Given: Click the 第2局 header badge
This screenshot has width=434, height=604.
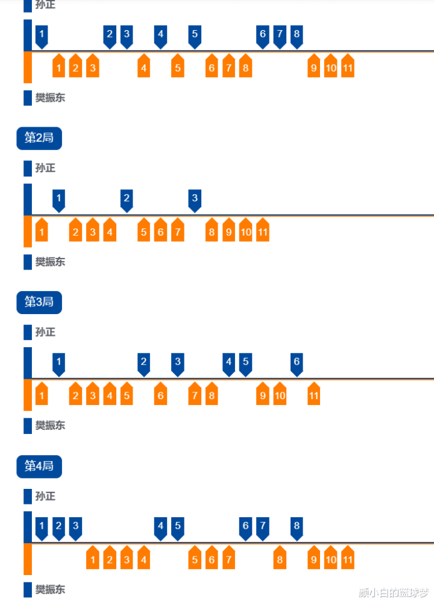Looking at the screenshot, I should coord(39,138).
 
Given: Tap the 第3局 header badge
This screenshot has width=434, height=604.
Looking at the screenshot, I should coord(39,302).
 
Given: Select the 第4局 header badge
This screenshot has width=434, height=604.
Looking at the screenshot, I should coord(39,466).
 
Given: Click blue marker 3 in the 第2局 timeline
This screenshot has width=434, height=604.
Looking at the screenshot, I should coord(194,198).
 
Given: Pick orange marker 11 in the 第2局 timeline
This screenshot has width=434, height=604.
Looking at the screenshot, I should coord(262,231).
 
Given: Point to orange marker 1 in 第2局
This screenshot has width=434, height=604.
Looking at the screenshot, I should coord(42,231).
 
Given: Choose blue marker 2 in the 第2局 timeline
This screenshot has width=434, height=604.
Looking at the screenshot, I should coord(126,198).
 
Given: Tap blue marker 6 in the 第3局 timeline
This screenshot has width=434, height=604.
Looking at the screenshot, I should coord(296,362).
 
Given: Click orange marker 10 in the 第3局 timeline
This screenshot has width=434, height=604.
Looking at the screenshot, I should coord(280,395).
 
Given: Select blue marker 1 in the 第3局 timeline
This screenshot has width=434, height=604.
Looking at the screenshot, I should coord(58,362).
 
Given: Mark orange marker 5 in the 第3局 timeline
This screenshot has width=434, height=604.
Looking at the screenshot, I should coord(126,395).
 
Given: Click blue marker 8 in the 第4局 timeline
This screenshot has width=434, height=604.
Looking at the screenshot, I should coord(296,526).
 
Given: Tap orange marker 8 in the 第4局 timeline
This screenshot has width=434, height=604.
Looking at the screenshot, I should coord(280,559).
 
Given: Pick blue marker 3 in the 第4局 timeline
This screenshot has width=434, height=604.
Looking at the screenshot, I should coord(75,526).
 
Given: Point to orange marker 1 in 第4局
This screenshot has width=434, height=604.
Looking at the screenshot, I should coord(92,559).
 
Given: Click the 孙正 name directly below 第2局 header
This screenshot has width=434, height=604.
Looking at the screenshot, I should coord(45,168).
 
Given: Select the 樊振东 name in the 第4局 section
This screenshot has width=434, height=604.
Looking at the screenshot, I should coord(50,589).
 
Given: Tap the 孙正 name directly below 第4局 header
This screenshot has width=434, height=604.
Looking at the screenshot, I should coord(45,496).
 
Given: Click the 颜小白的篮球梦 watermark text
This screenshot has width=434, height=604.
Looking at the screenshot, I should coord(393,593).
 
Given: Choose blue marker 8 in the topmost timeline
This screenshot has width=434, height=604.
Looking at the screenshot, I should coord(296,35).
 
